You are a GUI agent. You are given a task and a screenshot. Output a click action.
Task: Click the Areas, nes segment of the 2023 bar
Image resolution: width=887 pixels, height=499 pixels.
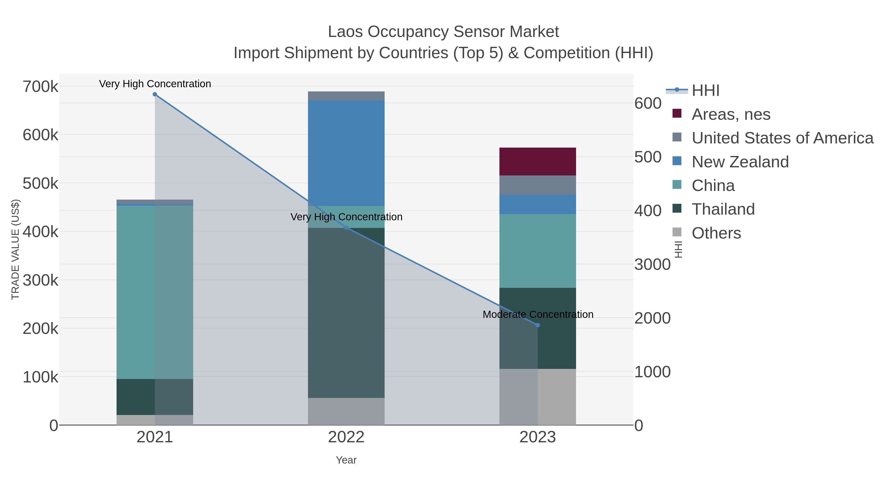click(x=538, y=161)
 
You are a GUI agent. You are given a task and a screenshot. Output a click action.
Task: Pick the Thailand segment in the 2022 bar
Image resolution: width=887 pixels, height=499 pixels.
click(x=346, y=313)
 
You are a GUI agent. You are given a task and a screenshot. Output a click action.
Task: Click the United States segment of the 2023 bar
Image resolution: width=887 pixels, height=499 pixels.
click(x=538, y=185)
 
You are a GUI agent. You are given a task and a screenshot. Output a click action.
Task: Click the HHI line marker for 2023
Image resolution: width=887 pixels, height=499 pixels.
click(x=538, y=325)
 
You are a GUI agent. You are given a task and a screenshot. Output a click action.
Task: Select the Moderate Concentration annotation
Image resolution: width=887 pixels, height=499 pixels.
click(x=538, y=314)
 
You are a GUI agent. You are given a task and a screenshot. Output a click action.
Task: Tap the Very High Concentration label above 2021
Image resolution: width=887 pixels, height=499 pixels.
click(x=155, y=84)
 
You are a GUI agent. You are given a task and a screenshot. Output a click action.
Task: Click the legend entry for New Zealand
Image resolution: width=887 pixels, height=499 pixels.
click(x=740, y=161)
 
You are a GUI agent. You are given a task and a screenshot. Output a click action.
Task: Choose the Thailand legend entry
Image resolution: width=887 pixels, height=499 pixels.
click(x=723, y=209)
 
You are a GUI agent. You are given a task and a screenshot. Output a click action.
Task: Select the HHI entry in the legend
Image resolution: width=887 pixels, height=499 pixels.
click(x=705, y=90)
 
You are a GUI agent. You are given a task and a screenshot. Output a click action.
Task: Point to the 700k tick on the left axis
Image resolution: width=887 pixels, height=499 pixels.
click(x=40, y=86)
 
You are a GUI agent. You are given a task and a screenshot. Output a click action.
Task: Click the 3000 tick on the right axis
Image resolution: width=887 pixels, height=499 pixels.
click(x=652, y=264)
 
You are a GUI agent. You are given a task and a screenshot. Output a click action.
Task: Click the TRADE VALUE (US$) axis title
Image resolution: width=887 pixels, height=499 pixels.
click(x=16, y=249)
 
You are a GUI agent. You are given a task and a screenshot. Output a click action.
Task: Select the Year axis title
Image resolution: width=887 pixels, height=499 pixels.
click(x=346, y=460)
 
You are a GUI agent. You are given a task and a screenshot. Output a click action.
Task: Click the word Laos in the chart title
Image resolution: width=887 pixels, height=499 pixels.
click(x=345, y=32)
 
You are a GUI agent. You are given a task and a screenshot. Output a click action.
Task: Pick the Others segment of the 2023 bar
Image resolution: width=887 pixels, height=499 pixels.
click(x=538, y=397)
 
